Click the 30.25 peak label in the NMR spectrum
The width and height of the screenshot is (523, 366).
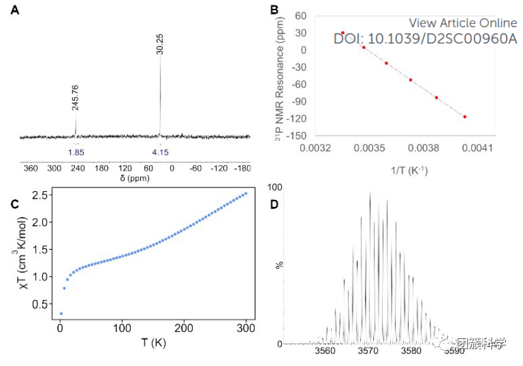point(160,43)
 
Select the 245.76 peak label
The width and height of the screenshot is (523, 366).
point(76,97)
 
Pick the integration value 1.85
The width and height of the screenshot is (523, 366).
point(76,152)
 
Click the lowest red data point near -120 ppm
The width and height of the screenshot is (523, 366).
point(464,116)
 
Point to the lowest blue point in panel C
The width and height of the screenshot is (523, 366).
point(61,313)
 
